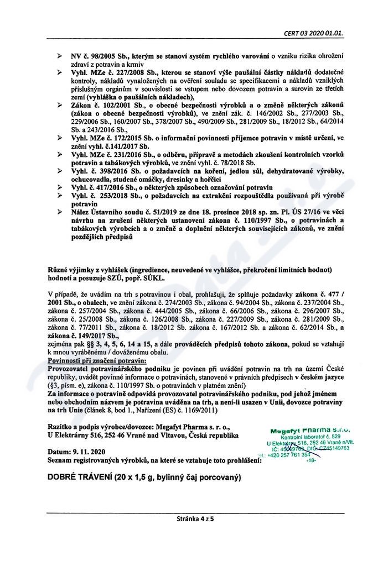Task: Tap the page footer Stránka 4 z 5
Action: coord(195,519)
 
